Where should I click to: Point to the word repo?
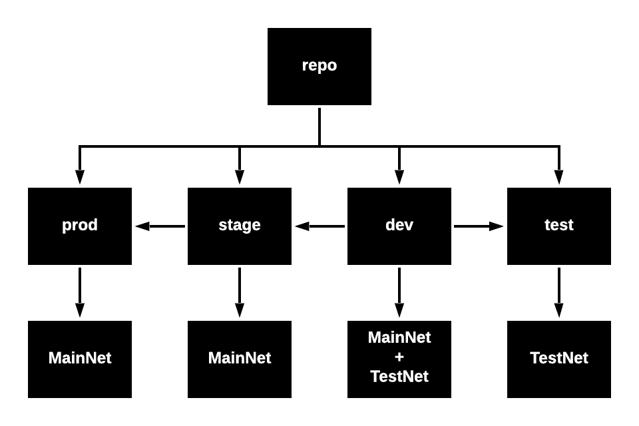coord(319,65)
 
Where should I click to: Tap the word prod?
coord(80,225)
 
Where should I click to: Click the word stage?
coord(240,225)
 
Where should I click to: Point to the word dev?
coord(399,225)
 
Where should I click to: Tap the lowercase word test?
coord(559,225)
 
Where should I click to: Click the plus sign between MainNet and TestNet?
coord(399,357)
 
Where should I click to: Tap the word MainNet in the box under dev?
coord(399,337)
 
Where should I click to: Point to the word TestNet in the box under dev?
coord(399,377)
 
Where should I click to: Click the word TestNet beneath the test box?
coord(559,358)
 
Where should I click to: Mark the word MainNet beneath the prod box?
coord(80,358)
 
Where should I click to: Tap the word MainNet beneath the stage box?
coord(240,358)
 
